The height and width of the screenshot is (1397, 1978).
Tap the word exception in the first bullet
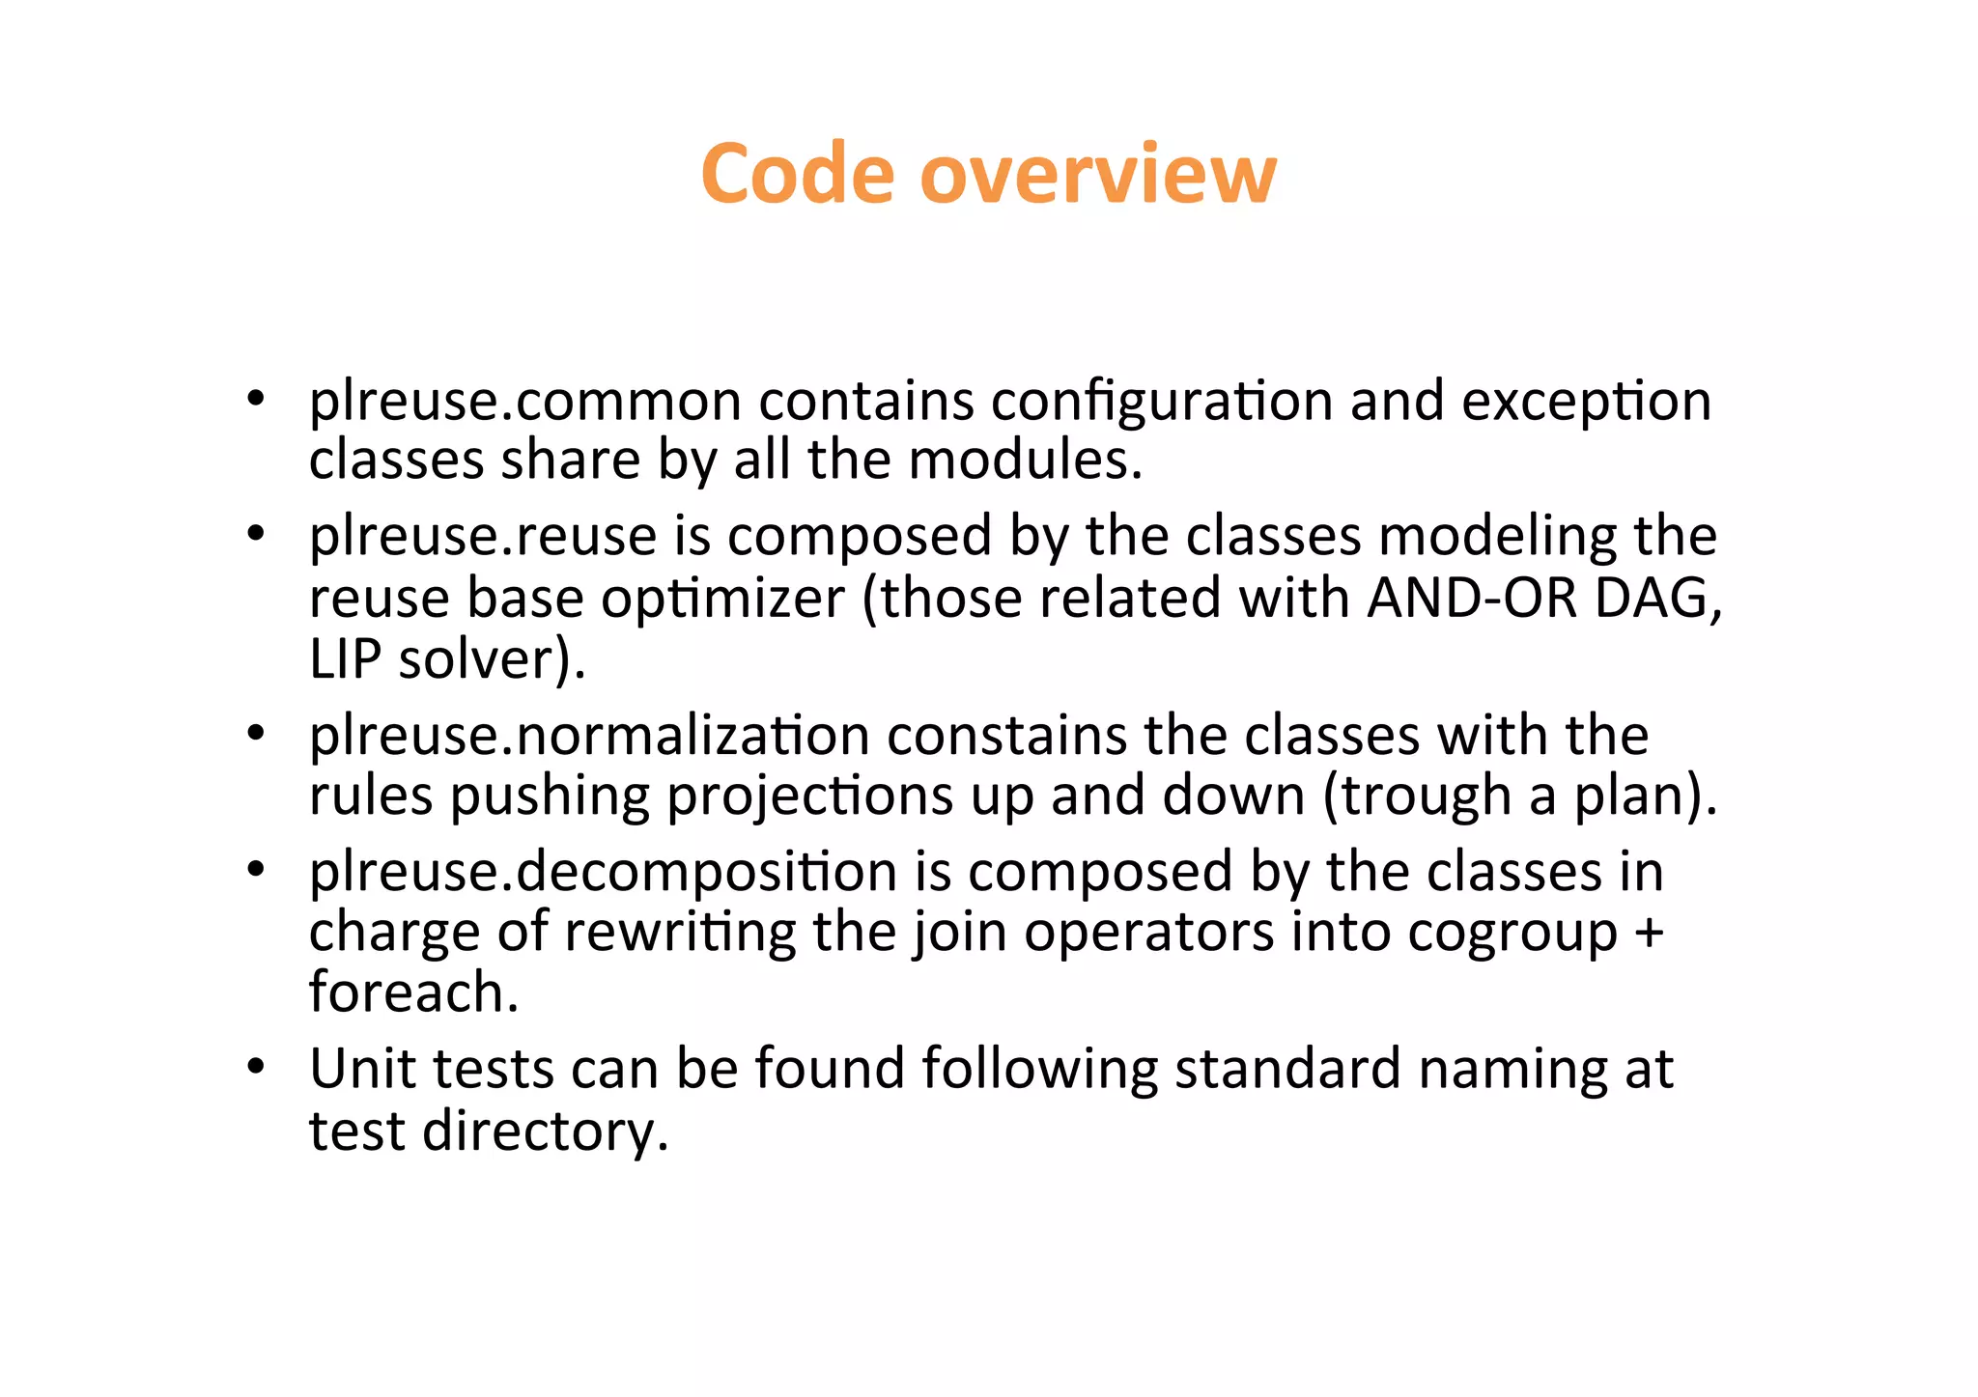[1586, 402]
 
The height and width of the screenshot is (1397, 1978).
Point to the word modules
[1025, 460]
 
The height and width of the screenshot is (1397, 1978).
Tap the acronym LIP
[345, 660]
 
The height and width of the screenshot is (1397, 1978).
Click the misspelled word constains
[1006, 736]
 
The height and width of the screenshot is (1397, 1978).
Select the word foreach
[413, 992]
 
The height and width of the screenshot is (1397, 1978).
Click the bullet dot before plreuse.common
[255, 399]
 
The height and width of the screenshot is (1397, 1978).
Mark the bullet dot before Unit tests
[255, 1067]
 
